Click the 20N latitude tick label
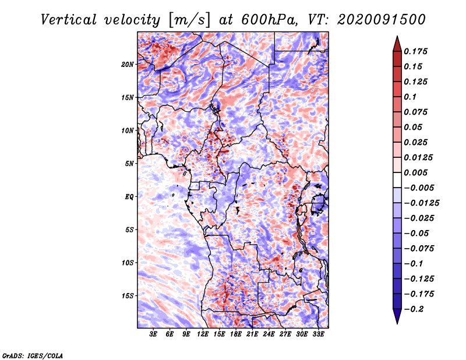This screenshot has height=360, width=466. [x=127, y=64]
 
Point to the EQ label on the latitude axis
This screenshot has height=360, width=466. [x=129, y=197]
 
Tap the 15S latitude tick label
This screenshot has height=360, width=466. [x=128, y=296]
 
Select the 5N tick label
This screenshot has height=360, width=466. [x=129, y=164]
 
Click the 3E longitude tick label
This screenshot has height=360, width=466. [x=153, y=334]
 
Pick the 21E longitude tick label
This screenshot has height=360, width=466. [x=252, y=334]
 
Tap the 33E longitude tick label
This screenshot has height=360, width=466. [x=318, y=334]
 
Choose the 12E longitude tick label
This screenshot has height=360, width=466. [x=203, y=334]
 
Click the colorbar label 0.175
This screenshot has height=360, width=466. [x=416, y=51]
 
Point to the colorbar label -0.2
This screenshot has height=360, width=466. [x=414, y=309]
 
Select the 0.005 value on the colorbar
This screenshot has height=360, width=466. [x=416, y=172]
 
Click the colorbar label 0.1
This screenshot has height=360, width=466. [x=410, y=97]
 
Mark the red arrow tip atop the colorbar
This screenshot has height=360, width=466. [x=397, y=37]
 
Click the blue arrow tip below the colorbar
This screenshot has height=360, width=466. [x=397, y=323]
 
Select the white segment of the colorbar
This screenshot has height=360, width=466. [x=397, y=180]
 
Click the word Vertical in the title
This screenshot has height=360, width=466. [x=69, y=20]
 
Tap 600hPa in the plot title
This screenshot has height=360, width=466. [x=269, y=20]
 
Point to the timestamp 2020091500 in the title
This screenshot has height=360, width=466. [x=382, y=20]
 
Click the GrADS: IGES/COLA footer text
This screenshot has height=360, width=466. [x=33, y=355]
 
